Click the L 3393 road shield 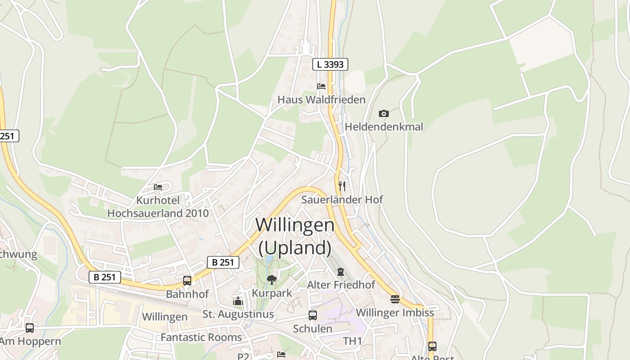pos(330,64)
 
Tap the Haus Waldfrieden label pos(321,99)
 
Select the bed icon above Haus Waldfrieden pos(321,86)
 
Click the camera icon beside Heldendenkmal pos(383,113)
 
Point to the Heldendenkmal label pos(384,127)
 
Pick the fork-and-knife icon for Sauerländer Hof pos(342,186)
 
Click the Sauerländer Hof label pos(342,199)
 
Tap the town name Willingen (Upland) pos(295,236)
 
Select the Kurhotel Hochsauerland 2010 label pos(158,207)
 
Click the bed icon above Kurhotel pos(158,187)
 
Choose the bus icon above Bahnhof pos(187,281)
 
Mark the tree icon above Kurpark pos(271,280)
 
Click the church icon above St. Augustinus pos(238,301)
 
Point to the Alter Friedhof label pos(341,285)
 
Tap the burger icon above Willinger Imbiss pos(395,299)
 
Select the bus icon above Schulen pos(313,315)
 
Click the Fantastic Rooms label pos(201,337)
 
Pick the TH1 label pos(352,341)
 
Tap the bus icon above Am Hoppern pos(30,328)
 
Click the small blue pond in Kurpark pos(269,259)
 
